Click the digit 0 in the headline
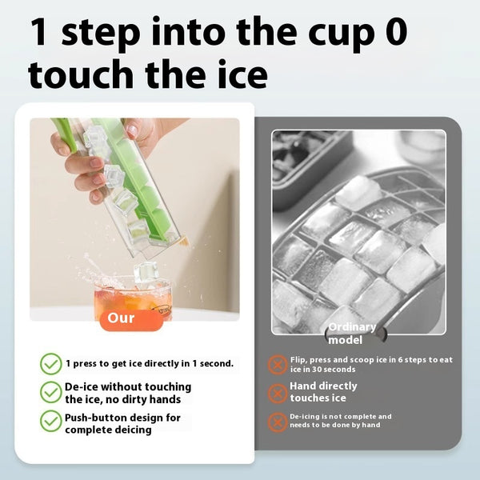pyautogui.click(x=390, y=34)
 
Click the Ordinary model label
pyautogui.click(x=351, y=334)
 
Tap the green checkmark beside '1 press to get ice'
pyautogui.click(x=51, y=364)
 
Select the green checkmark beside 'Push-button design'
pyautogui.click(x=51, y=422)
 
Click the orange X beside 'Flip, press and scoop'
pyautogui.click(x=277, y=365)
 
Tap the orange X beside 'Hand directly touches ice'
pyautogui.click(x=277, y=393)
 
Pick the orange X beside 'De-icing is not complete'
pyautogui.click(x=277, y=421)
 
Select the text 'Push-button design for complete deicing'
pyautogui.click(x=122, y=423)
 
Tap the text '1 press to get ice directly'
pyautogui.click(x=150, y=363)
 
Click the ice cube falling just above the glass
pyautogui.click(x=146, y=272)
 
